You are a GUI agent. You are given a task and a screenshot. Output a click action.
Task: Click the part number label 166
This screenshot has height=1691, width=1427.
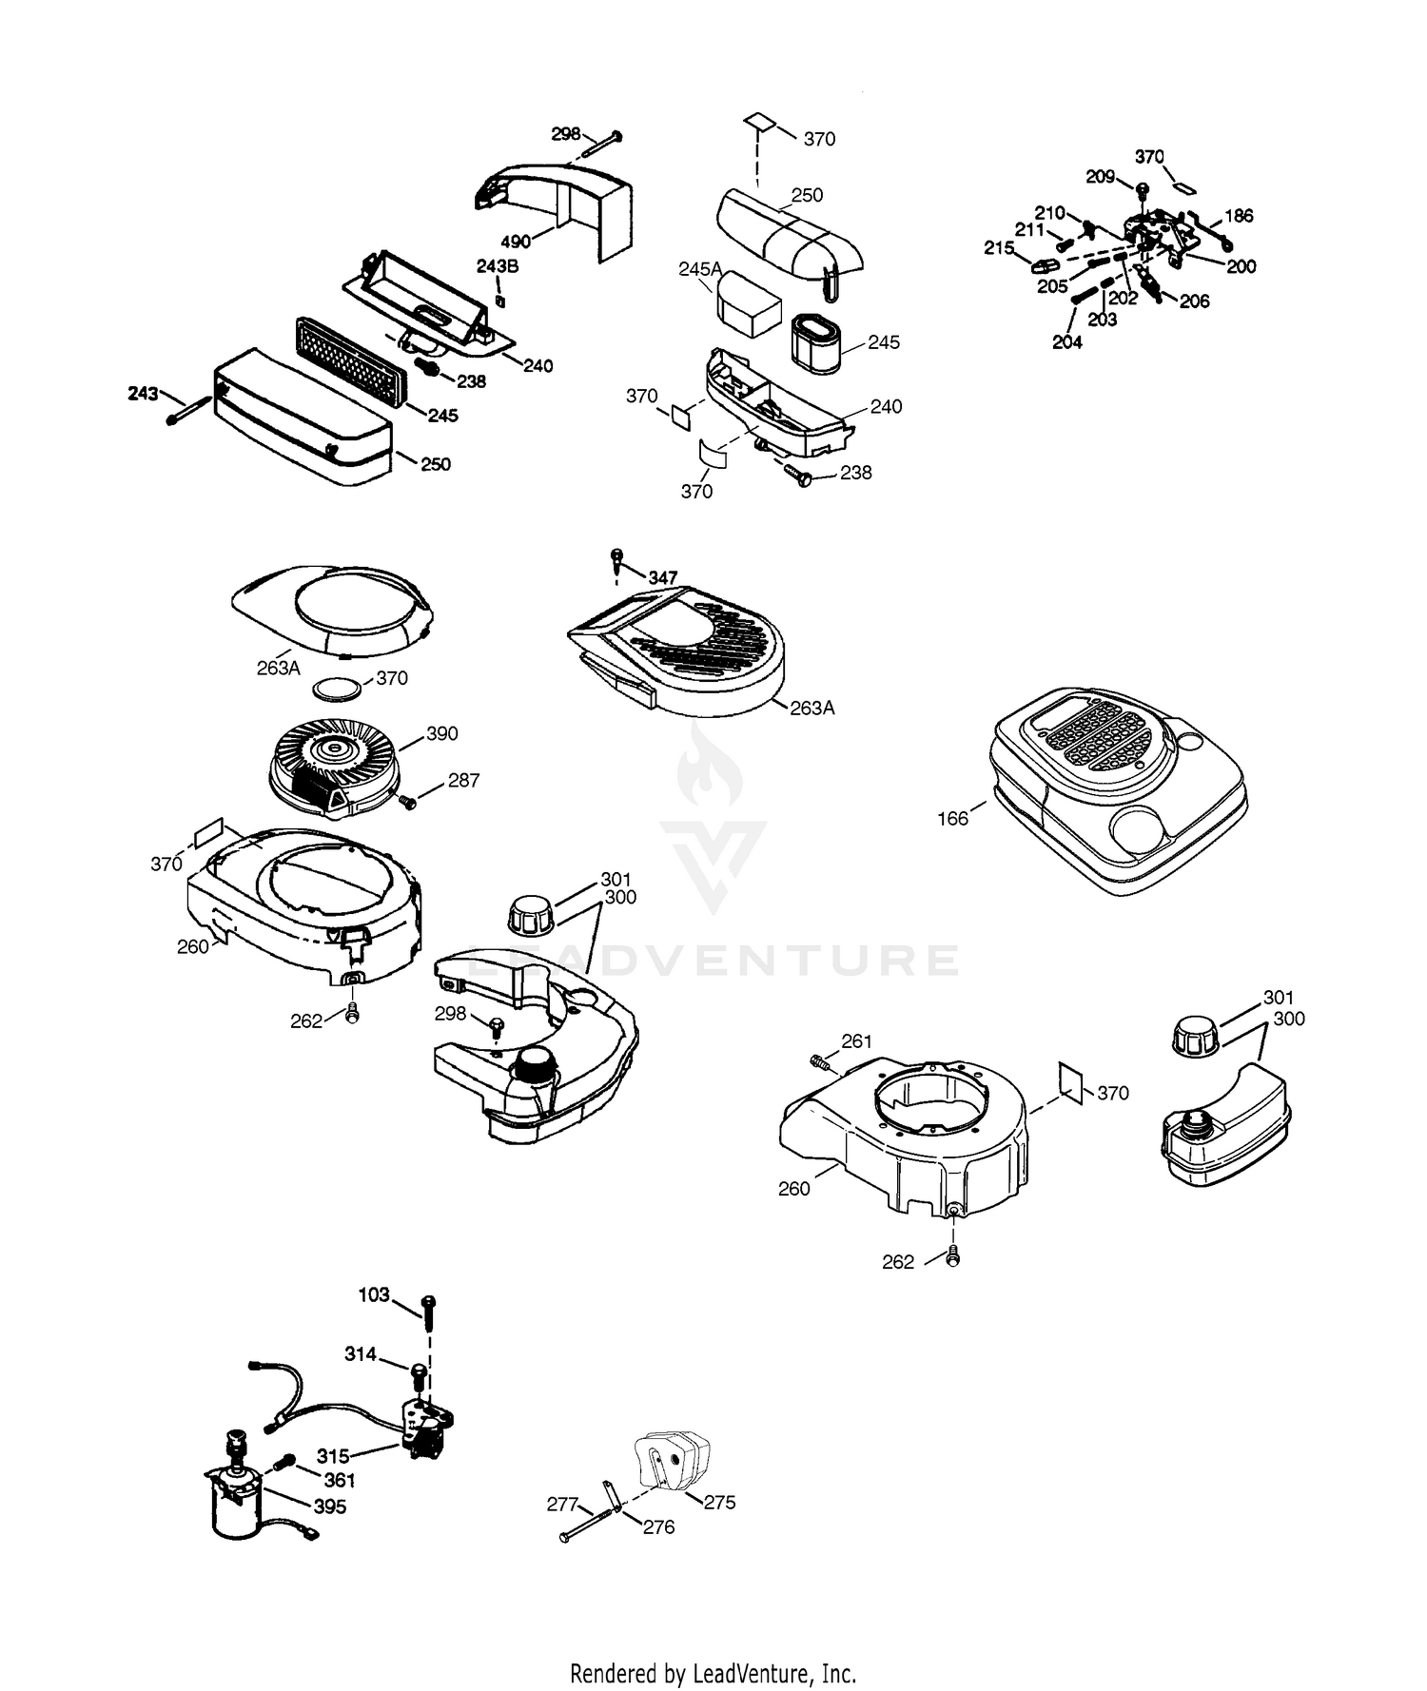952,818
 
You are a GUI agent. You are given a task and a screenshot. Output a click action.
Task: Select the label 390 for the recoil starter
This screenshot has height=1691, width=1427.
441,733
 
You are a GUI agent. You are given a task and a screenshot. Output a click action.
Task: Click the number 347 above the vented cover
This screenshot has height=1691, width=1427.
663,577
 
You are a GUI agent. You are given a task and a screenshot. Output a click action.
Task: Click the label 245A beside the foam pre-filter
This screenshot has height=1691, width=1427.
700,269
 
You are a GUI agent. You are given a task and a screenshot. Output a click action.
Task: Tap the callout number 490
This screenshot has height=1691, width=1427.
516,242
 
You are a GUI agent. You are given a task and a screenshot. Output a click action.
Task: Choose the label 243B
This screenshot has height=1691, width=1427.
498,266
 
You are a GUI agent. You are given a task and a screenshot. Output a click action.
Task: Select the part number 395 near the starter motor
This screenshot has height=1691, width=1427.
330,1506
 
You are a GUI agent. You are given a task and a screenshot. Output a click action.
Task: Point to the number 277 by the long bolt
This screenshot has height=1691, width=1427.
562,1504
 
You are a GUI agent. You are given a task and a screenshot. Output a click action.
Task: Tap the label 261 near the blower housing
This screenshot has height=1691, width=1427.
856,1041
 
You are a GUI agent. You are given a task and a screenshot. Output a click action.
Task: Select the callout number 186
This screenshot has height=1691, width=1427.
1239,216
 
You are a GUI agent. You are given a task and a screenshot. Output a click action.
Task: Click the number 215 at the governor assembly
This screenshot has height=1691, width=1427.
999,248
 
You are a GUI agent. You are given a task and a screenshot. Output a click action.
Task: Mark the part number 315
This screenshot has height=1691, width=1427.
333,1456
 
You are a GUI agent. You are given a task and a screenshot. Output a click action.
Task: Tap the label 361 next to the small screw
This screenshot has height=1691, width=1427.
340,1480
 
